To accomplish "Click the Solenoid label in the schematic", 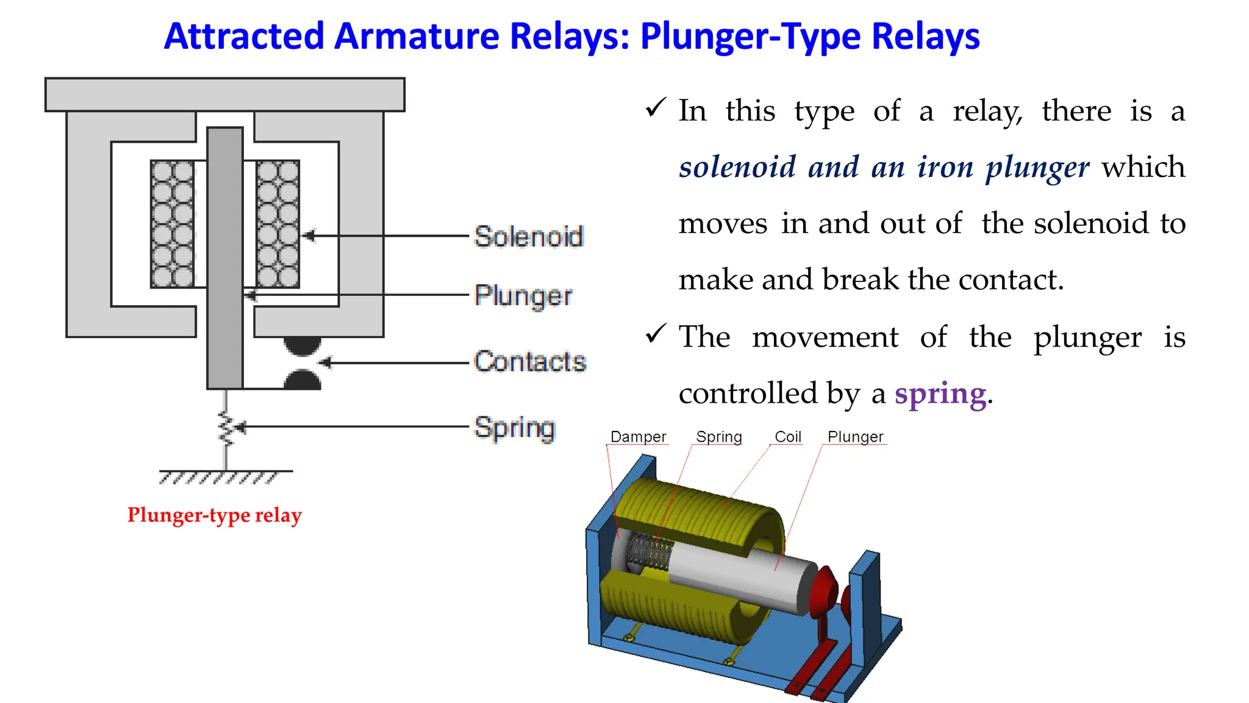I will pyautogui.click(x=529, y=236).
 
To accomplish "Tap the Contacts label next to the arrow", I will pyautogui.click(x=530, y=361).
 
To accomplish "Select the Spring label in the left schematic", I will pyautogui.click(x=515, y=427).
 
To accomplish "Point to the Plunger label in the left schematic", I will pyautogui.click(x=523, y=295).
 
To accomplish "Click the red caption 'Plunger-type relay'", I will pyautogui.click(x=214, y=515).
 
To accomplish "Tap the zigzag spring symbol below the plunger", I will pyautogui.click(x=226, y=427).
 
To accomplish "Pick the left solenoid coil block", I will pyautogui.click(x=172, y=224).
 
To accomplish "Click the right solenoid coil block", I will pyautogui.click(x=277, y=224).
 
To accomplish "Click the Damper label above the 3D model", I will pyautogui.click(x=638, y=437).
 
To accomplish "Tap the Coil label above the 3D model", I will pyautogui.click(x=787, y=437).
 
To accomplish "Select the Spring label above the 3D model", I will pyautogui.click(x=719, y=437).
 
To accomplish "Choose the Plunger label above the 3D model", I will pyautogui.click(x=855, y=437).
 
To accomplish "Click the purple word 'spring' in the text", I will pyautogui.click(x=940, y=394).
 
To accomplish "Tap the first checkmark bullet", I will pyautogui.click(x=656, y=109).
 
